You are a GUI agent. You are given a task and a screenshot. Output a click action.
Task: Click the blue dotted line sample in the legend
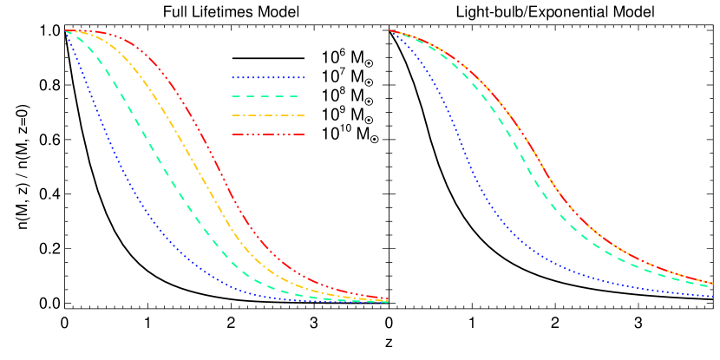point(268,77)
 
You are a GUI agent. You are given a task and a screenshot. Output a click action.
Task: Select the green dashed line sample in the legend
point(268,96)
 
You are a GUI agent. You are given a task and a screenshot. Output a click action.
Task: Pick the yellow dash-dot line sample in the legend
point(268,115)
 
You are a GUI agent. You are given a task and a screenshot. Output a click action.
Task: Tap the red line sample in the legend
point(268,134)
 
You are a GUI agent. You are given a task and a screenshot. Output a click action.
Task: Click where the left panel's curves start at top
point(66,31)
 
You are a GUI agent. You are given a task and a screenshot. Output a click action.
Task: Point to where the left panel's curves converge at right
point(386,301)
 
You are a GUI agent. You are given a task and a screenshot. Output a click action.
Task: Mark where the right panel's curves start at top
point(389,31)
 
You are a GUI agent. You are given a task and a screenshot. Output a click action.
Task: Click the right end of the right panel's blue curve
point(713,297)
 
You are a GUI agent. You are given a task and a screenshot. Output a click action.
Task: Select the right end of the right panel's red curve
point(713,283)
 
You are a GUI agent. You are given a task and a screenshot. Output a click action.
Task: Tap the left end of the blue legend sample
point(232,77)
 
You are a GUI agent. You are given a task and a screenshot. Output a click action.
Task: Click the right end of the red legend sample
point(304,134)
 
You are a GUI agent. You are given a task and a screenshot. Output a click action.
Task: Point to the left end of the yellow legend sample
point(232,115)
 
